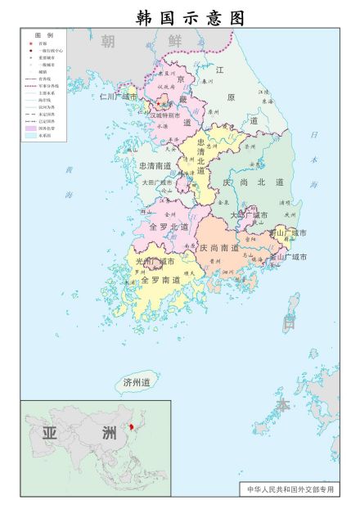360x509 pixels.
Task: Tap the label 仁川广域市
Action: pos(118,97)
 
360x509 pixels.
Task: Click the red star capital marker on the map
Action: pos(163,105)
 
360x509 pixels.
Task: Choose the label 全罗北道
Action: pos(169,226)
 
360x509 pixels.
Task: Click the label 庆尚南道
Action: pos(219,247)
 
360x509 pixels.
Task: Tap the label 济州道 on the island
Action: pos(137,382)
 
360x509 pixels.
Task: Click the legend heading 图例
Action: pos(43,36)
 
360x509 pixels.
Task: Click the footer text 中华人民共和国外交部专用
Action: pos(292,489)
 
